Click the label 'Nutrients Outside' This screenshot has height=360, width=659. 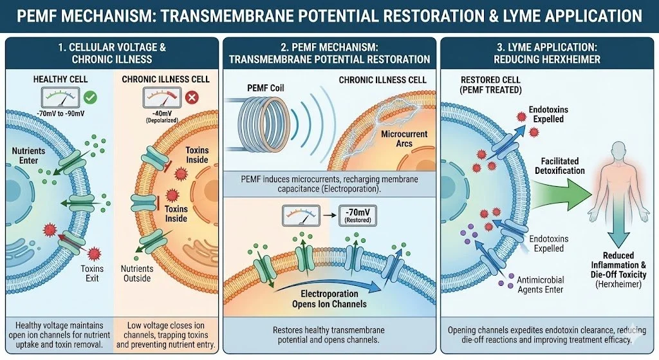coord(137,273)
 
